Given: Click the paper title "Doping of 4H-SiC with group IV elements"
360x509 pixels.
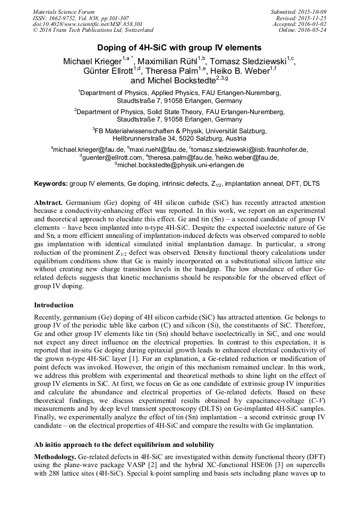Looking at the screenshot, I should pyautogui.click(x=179, y=47).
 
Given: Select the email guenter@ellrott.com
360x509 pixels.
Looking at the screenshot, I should pyautogui.click(x=112, y=157).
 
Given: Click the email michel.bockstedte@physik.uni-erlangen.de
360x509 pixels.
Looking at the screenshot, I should pyautogui.click(x=181, y=165).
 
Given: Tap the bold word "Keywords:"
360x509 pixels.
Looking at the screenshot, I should pyautogui.click(x=50, y=184).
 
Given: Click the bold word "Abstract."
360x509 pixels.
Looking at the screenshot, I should pyautogui.click(x=48, y=203).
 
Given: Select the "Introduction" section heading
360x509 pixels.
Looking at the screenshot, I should pyautogui.click(x=55, y=305).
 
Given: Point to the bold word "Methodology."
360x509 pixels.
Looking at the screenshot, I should pyautogui.click(x=55, y=456).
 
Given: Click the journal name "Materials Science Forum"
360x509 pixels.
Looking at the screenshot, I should pyautogui.click(x=64, y=11).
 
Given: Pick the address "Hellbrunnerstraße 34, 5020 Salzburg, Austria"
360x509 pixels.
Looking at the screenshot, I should pyautogui.click(x=179, y=138).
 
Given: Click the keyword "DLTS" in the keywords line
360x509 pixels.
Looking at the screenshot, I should pyautogui.click(x=311, y=184).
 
